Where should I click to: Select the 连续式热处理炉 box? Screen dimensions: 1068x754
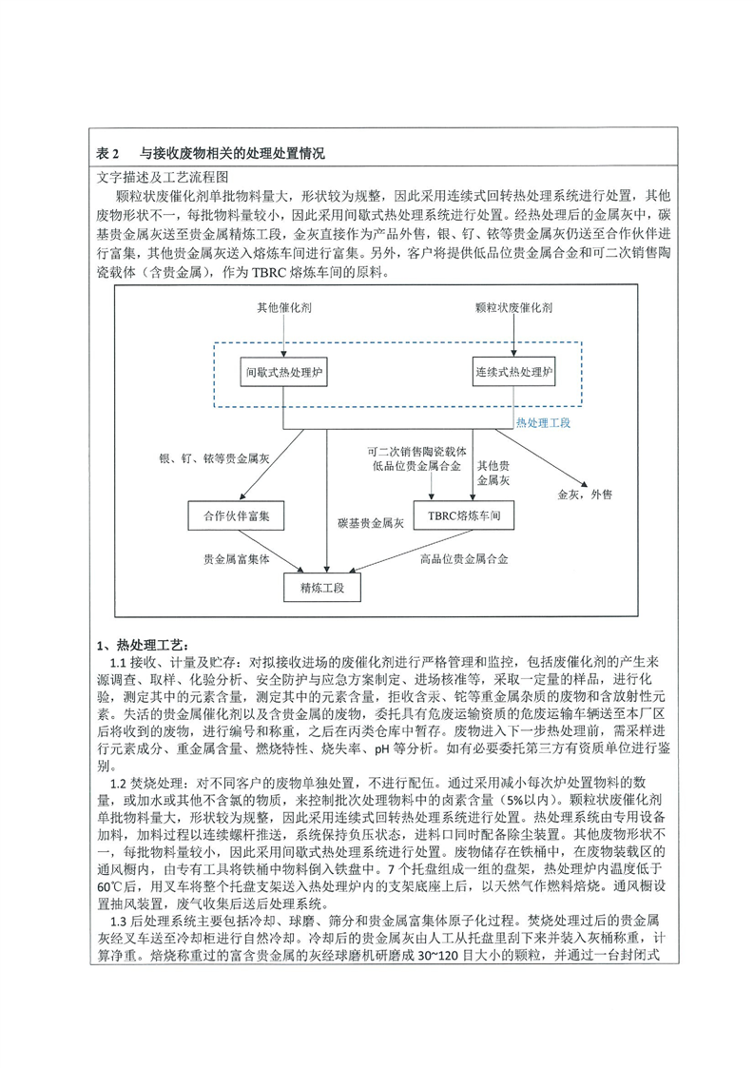[x=514, y=375]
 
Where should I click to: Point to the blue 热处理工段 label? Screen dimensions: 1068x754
[x=543, y=421]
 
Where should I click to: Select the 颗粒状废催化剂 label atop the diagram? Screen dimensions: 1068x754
[x=514, y=308]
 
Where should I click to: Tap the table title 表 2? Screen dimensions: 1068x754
[x=111, y=152]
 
